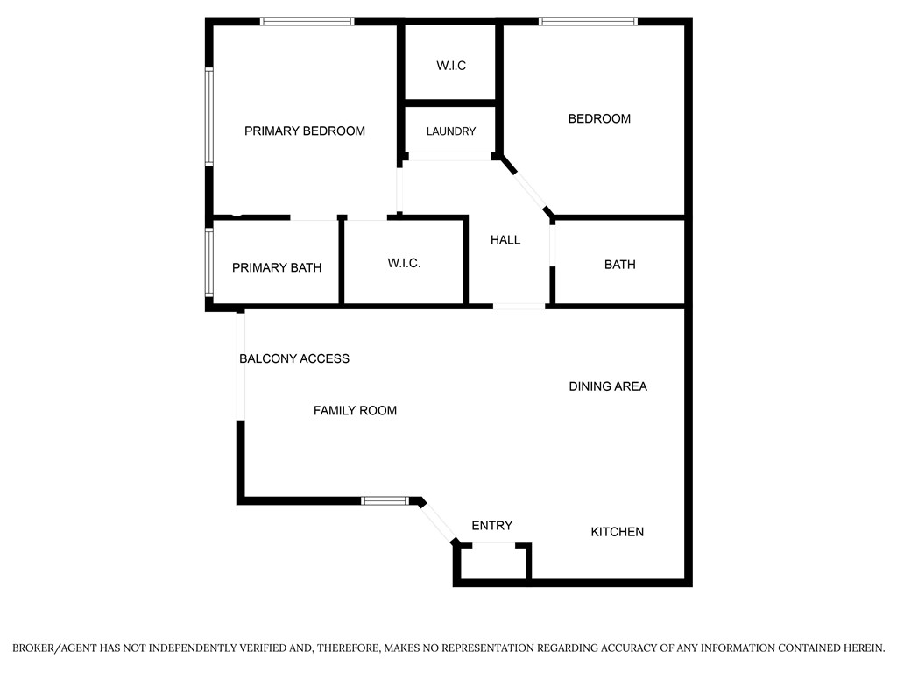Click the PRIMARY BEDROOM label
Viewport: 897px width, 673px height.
tap(304, 131)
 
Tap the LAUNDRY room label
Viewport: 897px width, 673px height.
tap(451, 131)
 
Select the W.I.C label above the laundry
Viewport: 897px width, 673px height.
tap(451, 66)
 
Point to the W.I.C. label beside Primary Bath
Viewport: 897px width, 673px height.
tap(404, 263)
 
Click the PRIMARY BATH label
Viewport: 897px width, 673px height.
tap(277, 268)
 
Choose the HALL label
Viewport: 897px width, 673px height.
tap(505, 240)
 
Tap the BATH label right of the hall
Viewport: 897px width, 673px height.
tap(620, 265)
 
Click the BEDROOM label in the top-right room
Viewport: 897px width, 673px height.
tap(599, 118)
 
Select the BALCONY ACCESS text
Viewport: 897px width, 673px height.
tap(294, 358)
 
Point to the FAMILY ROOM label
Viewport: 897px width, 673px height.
tap(356, 410)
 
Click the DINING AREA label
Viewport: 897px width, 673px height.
tap(608, 386)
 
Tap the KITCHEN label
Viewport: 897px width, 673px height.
tap(618, 532)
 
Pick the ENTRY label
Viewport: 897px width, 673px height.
tap(492, 526)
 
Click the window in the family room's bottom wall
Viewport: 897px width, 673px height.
tap(385, 500)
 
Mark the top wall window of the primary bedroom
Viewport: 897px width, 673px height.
tap(307, 22)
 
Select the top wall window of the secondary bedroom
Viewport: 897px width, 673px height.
tap(588, 22)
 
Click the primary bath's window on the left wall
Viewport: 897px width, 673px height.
tap(209, 262)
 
